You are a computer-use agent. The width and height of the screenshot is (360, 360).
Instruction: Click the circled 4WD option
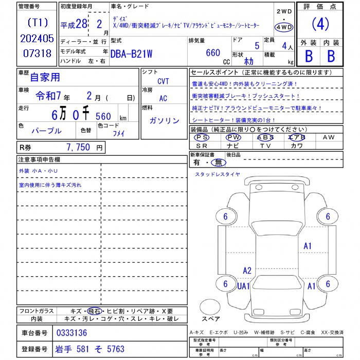point(284,27)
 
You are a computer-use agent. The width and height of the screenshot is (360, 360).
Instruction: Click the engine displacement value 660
point(213,52)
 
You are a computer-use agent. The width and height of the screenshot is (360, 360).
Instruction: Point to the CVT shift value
point(163,82)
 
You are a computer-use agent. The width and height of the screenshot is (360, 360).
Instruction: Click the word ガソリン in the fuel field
point(164,120)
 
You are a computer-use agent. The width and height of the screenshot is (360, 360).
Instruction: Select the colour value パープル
point(46,131)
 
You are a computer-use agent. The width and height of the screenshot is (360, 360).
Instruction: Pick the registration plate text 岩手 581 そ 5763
point(90,349)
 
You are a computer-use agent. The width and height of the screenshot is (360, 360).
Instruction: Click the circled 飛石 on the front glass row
point(94,311)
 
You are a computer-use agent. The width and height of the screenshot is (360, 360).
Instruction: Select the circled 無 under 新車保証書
point(220,163)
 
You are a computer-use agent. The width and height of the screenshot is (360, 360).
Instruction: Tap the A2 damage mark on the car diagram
point(247,271)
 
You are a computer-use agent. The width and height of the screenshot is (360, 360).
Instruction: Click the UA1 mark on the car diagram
point(243,285)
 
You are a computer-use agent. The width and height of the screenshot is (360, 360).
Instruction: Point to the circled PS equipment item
point(202,137)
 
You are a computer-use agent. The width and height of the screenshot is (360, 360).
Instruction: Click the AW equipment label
point(328,137)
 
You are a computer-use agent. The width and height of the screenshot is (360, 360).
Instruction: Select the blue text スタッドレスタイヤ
point(217,174)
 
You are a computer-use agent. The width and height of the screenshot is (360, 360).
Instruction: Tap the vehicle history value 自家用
point(45,77)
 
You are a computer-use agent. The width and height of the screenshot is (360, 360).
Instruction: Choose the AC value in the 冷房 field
point(163,98)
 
